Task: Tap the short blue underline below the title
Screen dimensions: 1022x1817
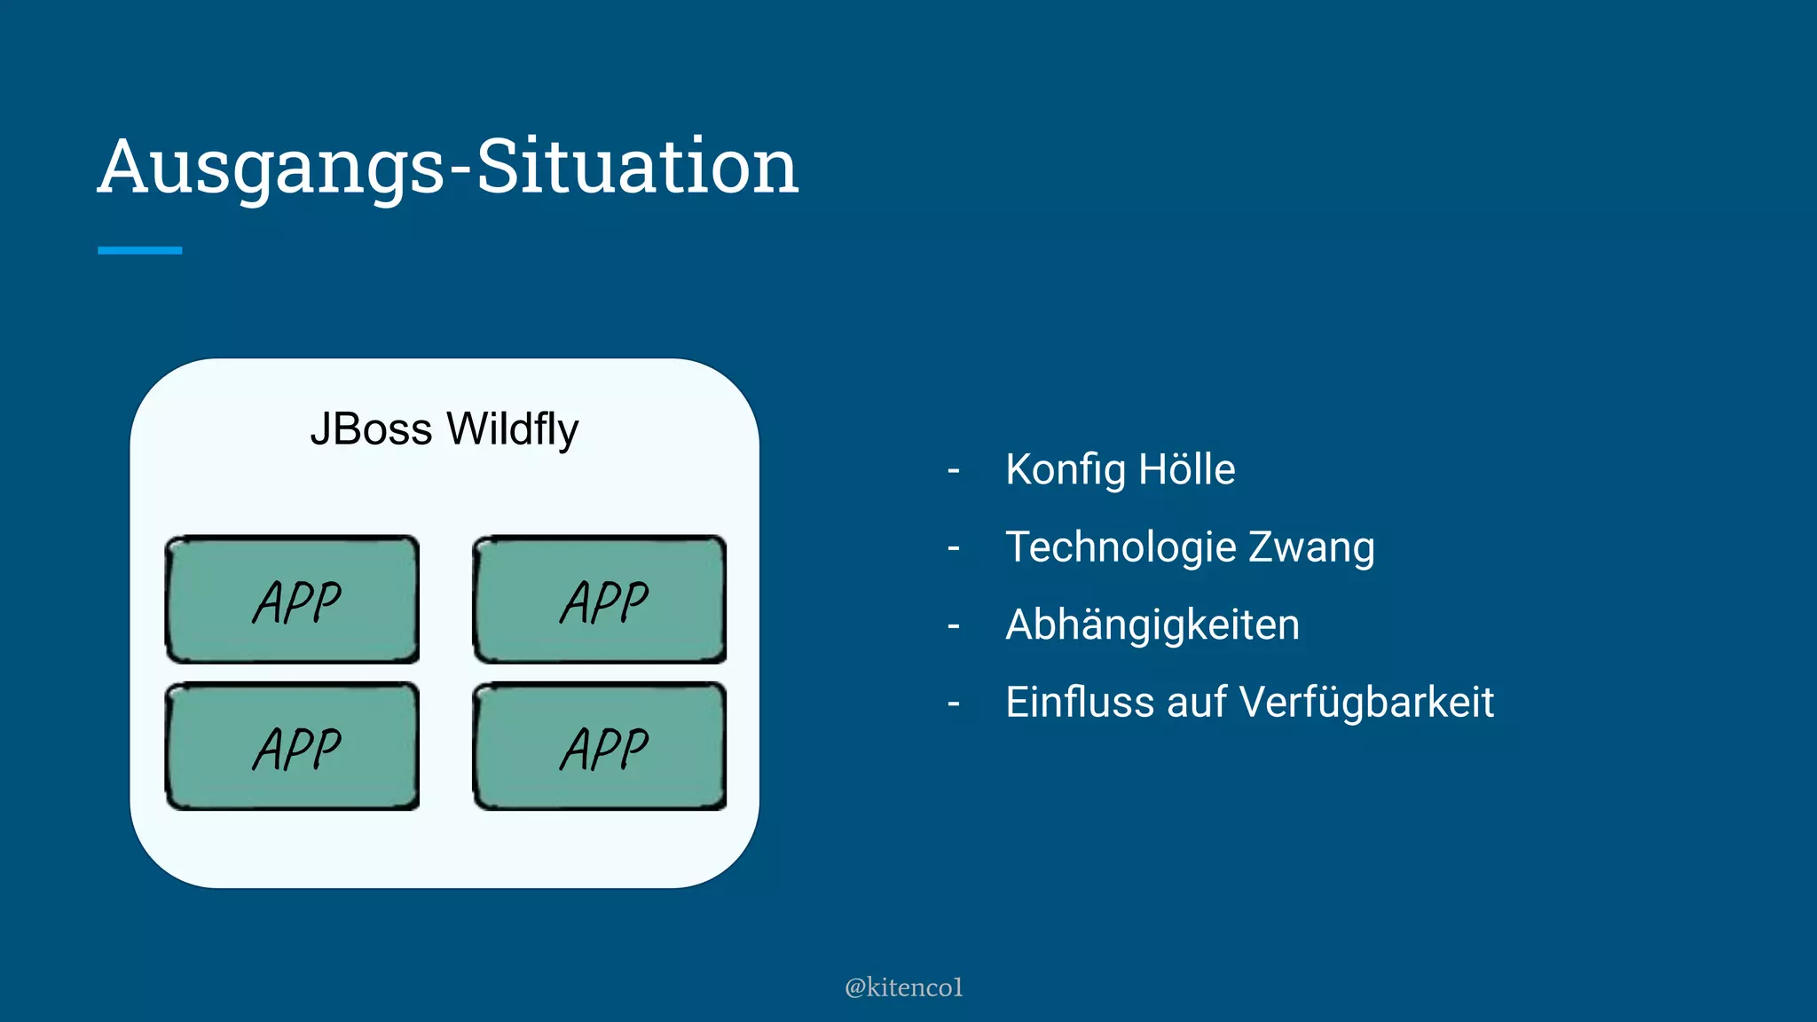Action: [139, 251]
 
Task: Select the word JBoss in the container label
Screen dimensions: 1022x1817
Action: [371, 429]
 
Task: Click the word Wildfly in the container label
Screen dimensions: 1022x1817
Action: [512, 429]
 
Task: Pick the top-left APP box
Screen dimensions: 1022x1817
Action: [292, 600]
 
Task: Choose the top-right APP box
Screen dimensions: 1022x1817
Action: [600, 600]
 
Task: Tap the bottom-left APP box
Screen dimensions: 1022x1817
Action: [292, 746]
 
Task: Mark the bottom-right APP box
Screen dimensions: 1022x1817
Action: [600, 746]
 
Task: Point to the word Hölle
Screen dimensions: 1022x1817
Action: [1186, 469]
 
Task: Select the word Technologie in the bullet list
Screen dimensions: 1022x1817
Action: [1121, 546]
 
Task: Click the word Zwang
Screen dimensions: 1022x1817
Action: [1311, 546]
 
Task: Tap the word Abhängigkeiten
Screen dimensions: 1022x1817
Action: [1152, 625]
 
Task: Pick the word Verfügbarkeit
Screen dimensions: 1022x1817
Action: [1366, 702]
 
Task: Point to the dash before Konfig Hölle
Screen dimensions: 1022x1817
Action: [954, 470]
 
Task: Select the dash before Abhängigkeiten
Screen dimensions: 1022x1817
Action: [954, 626]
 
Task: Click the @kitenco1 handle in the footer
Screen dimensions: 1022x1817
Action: [903, 987]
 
